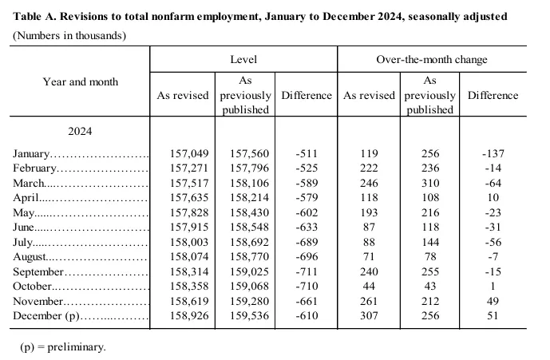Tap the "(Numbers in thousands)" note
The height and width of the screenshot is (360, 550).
[x=68, y=36]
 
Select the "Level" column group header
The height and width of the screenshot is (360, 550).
[x=243, y=60]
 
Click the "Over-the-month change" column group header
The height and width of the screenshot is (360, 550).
[x=431, y=60]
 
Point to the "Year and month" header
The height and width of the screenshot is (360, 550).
[x=80, y=81]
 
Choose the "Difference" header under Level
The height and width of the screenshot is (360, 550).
[x=306, y=95]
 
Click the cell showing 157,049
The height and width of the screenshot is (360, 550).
[x=188, y=153]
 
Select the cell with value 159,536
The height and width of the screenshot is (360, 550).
[x=248, y=315]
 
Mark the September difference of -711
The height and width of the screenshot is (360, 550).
[x=307, y=271]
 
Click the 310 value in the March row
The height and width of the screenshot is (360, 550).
[x=429, y=183]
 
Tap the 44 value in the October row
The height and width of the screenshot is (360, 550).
[x=369, y=286]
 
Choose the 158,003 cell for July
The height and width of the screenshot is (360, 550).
[x=188, y=242]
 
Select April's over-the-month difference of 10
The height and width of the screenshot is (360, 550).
[x=493, y=197]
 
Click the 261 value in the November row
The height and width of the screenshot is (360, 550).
[x=369, y=301]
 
